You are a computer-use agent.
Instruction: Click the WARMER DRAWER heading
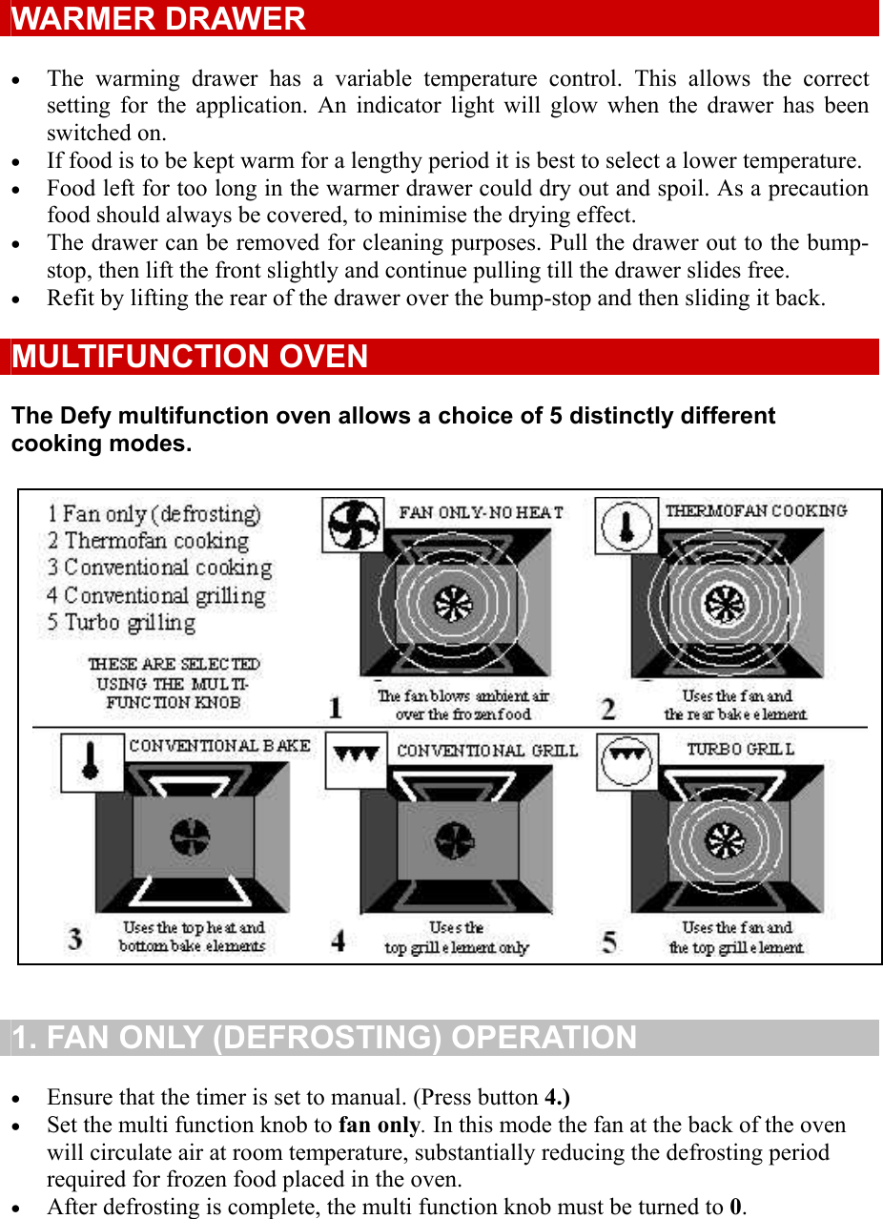pyautogui.click(x=158, y=19)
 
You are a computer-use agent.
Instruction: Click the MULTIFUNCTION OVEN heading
pyautogui.click(x=190, y=357)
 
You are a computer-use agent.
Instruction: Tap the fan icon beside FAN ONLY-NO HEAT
pyautogui.click(x=352, y=525)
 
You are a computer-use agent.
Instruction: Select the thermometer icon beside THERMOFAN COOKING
pyautogui.click(x=626, y=526)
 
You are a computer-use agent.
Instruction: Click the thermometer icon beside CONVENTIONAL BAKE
pyautogui.click(x=92, y=762)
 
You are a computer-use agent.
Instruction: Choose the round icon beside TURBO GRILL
pyautogui.click(x=626, y=761)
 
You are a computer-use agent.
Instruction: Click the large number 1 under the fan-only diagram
pyautogui.click(x=336, y=708)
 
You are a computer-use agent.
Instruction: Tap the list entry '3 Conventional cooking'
pyautogui.click(x=160, y=568)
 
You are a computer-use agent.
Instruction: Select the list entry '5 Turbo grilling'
pyautogui.click(x=122, y=623)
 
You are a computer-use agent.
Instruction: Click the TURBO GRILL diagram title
pyautogui.click(x=740, y=750)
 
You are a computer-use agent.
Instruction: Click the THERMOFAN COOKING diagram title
pyautogui.click(x=755, y=511)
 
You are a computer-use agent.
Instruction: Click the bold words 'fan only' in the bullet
pyautogui.click(x=379, y=1125)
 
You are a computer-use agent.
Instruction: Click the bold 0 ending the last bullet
pyautogui.click(x=735, y=1207)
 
